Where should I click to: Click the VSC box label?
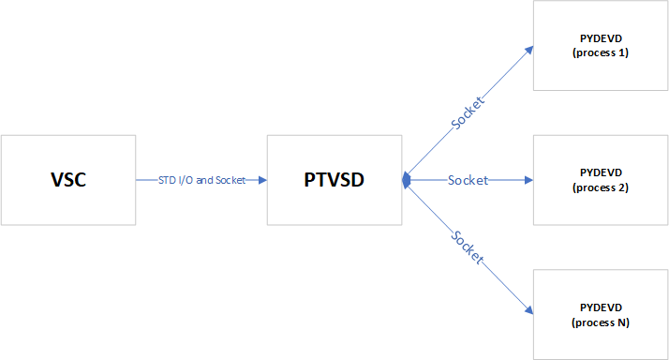click(67, 180)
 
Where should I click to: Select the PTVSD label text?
click(334, 180)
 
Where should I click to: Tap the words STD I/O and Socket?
click(201, 180)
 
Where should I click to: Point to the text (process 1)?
click(601, 52)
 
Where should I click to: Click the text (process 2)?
click(601, 187)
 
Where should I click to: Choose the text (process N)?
click(601, 322)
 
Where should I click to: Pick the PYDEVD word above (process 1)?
click(601, 37)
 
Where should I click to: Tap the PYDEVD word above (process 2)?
click(601, 172)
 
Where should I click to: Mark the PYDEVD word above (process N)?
click(601, 307)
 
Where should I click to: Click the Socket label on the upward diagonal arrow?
click(466, 112)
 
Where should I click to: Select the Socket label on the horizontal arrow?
click(468, 180)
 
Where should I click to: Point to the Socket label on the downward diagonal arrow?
click(466, 247)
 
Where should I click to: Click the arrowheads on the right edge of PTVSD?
click(407, 180)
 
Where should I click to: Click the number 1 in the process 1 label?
click(622, 52)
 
